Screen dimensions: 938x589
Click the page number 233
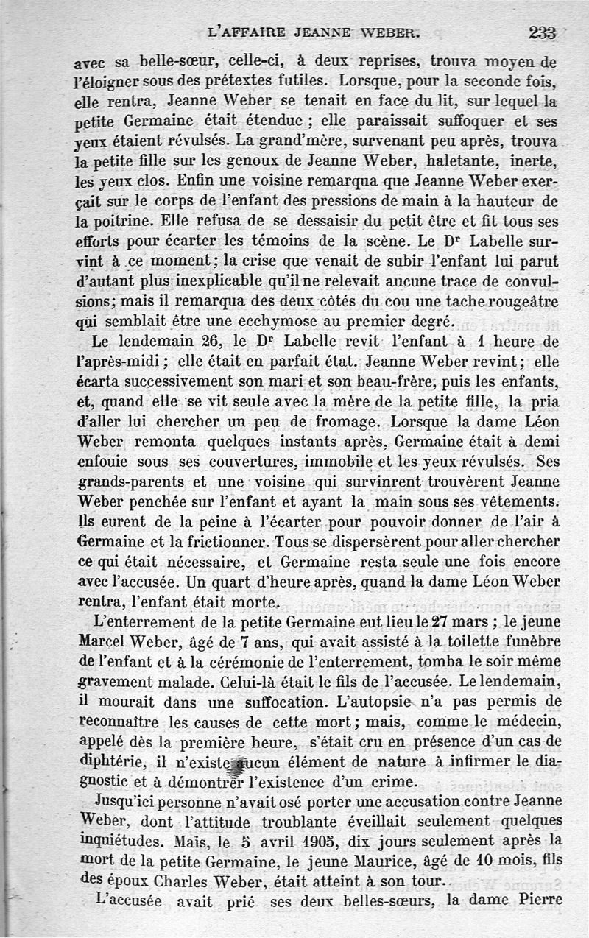(541, 32)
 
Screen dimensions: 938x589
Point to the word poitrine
(115, 221)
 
